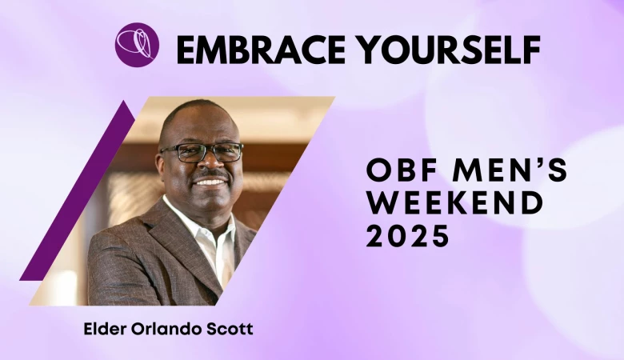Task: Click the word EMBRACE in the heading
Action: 261,50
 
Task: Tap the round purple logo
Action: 137,45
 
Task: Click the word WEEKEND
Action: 455,202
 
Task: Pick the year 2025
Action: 407,234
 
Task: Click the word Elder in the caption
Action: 99,329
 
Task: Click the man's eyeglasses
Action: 202,152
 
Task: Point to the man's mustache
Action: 212,175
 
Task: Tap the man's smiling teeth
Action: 212,183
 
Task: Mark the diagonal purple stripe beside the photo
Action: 77,190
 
